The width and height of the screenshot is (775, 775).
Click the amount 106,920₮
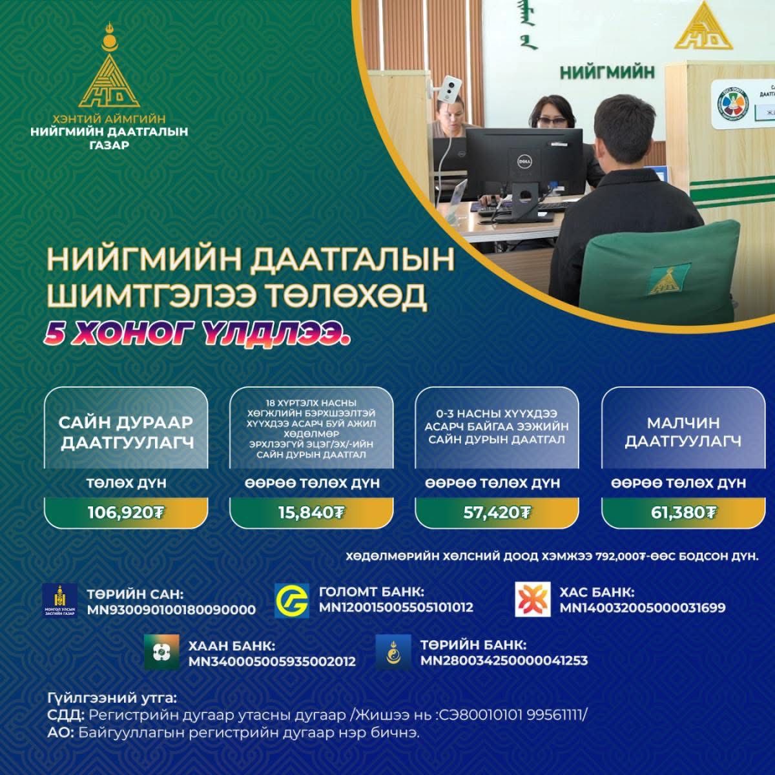pyautogui.click(x=126, y=512)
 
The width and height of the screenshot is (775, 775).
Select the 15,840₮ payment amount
pyautogui.click(x=311, y=512)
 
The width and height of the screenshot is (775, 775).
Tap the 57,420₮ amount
pyautogui.click(x=497, y=512)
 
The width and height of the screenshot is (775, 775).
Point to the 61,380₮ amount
pyautogui.click(x=683, y=512)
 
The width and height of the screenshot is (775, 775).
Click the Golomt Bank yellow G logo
pyautogui.click(x=291, y=601)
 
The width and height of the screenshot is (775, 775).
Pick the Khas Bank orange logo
pyautogui.click(x=532, y=600)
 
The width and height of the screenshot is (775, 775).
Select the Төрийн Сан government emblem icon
pyautogui.click(x=59, y=601)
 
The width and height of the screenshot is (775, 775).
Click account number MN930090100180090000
pyautogui.click(x=171, y=610)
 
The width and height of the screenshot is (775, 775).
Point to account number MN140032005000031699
pyautogui.click(x=643, y=608)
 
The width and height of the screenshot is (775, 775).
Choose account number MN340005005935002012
pyautogui.click(x=273, y=661)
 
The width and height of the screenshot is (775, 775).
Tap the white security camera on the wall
pyautogui.click(x=449, y=89)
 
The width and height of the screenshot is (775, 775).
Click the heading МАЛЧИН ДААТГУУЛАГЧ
pyautogui.click(x=683, y=432)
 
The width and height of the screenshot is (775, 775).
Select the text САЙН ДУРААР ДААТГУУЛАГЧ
pyautogui.click(x=127, y=433)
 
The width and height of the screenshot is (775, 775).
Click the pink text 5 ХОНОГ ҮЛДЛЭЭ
pyautogui.click(x=197, y=333)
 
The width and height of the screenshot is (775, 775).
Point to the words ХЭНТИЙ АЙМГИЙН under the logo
pyautogui.click(x=109, y=119)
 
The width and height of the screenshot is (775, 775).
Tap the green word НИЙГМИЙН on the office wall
pyautogui.click(x=607, y=73)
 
